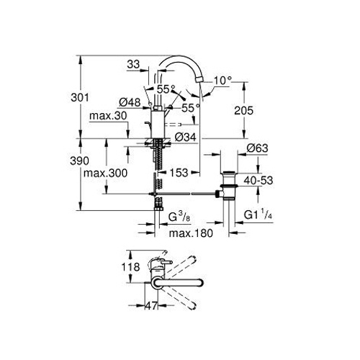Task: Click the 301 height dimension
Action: (80, 98)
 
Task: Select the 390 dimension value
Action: (79, 161)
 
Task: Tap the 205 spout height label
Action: (243, 111)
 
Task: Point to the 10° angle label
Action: (223, 81)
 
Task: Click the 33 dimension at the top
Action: (133, 64)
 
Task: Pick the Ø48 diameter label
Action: (130, 103)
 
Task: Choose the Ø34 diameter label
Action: (186, 138)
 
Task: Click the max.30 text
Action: (108, 116)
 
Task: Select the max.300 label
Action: (105, 173)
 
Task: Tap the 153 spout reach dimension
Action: (179, 173)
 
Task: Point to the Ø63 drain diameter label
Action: (257, 148)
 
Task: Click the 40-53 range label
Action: (258, 181)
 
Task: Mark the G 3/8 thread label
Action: (179, 217)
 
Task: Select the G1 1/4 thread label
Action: (258, 215)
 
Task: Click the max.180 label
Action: (191, 233)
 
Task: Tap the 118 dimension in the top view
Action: (130, 267)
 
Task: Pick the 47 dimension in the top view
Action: (152, 306)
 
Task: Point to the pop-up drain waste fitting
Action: (228, 185)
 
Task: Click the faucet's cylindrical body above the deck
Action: (158, 125)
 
